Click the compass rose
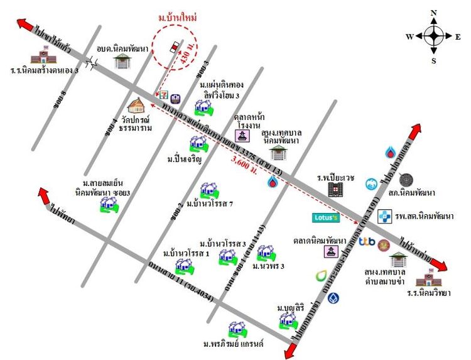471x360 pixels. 434,36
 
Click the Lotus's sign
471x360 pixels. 327,218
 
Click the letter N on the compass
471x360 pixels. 434,13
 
